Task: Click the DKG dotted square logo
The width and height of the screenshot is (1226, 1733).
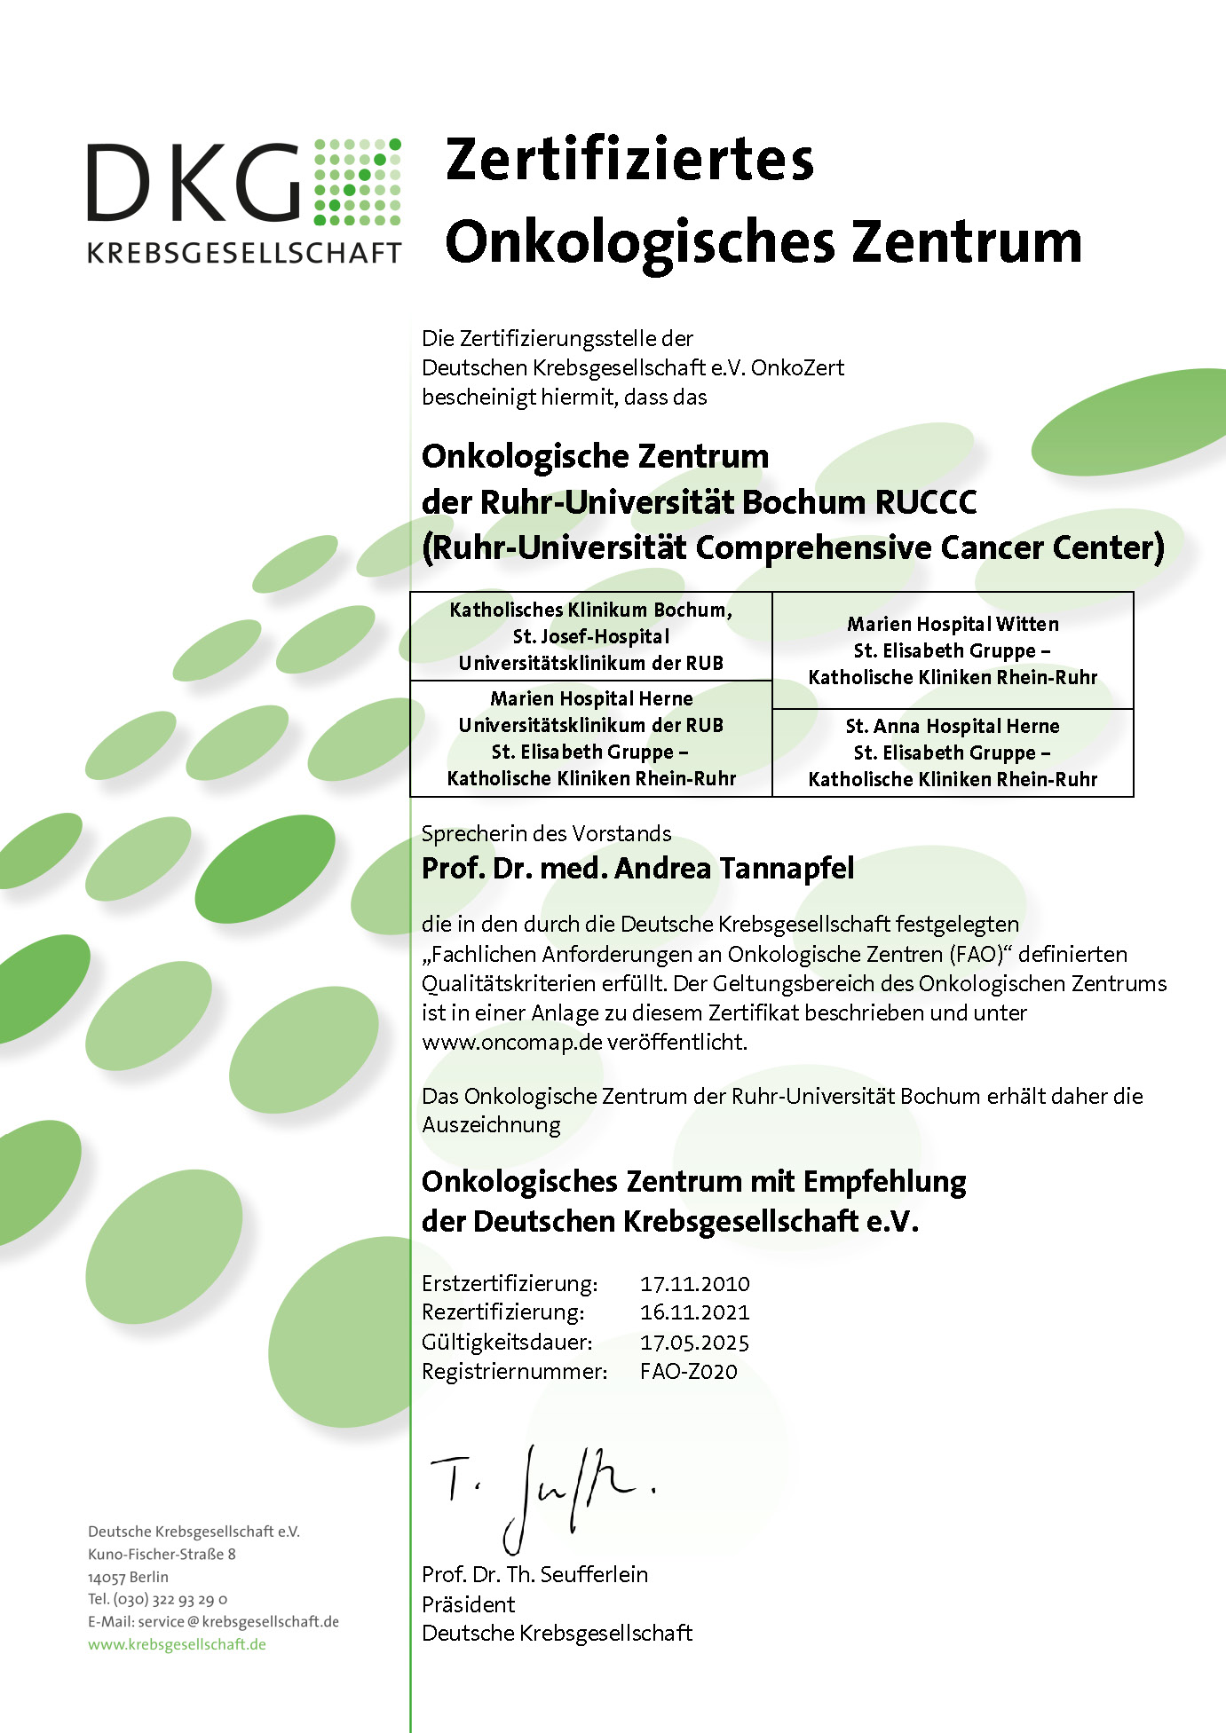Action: pyautogui.click(x=357, y=182)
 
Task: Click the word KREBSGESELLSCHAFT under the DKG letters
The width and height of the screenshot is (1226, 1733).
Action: pyautogui.click(x=244, y=253)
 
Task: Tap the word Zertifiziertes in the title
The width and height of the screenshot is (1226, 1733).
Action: pyautogui.click(x=629, y=160)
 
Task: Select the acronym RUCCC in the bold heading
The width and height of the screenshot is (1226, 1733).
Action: pyautogui.click(x=926, y=502)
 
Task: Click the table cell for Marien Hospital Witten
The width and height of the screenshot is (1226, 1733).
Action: pyautogui.click(x=953, y=650)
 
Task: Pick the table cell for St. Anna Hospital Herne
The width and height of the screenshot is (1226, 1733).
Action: pyautogui.click(x=953, y=752)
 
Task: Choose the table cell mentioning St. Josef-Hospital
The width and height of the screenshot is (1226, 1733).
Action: pyautogui.click(x=590, y=636)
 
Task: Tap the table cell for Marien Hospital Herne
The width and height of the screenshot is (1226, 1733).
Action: pyautogui.click(x=590, y=738)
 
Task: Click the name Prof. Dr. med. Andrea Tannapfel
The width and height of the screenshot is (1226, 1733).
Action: pyautogui.click(x=637, y=868)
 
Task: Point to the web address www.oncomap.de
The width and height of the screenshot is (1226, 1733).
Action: pyautogui.click(x=512, y=1042)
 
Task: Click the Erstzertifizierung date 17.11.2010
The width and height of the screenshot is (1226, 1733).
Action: pyautogui.click(x=694, y=1283)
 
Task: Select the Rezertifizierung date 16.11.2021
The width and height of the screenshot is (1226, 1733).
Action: pyautogui.click(x=694, y=1312)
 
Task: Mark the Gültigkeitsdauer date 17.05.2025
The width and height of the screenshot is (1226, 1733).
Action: pyautogui.click(x=694, y=1342)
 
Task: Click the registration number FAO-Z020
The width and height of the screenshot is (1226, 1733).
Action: pyautogui.click(x=688, y=1371)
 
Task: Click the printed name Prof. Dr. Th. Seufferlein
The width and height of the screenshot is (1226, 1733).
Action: pyautogui.click(x=534, y=1574)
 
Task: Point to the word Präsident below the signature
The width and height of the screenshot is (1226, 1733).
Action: pyautogui.click(x=468, y=1604)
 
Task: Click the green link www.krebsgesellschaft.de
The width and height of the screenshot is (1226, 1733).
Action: pyautogui.click(x=177, y=1644)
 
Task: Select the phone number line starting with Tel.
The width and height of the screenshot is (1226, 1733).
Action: pyautogui.click(x=157, y=1599)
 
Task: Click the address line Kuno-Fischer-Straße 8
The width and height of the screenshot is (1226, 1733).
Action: pyautogui.click(x=162, y=1554)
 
